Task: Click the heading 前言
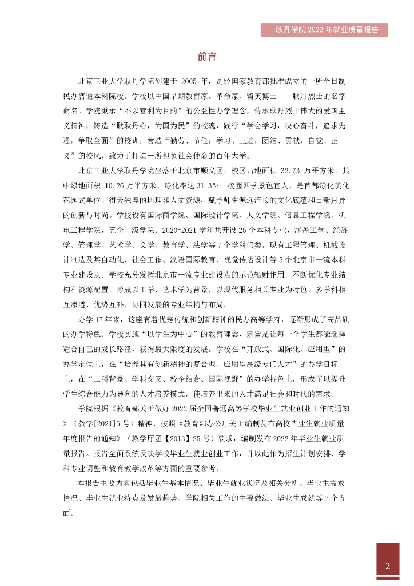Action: (206, 57)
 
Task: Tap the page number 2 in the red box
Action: (387, 567)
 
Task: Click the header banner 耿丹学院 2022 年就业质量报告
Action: (323, 30)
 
